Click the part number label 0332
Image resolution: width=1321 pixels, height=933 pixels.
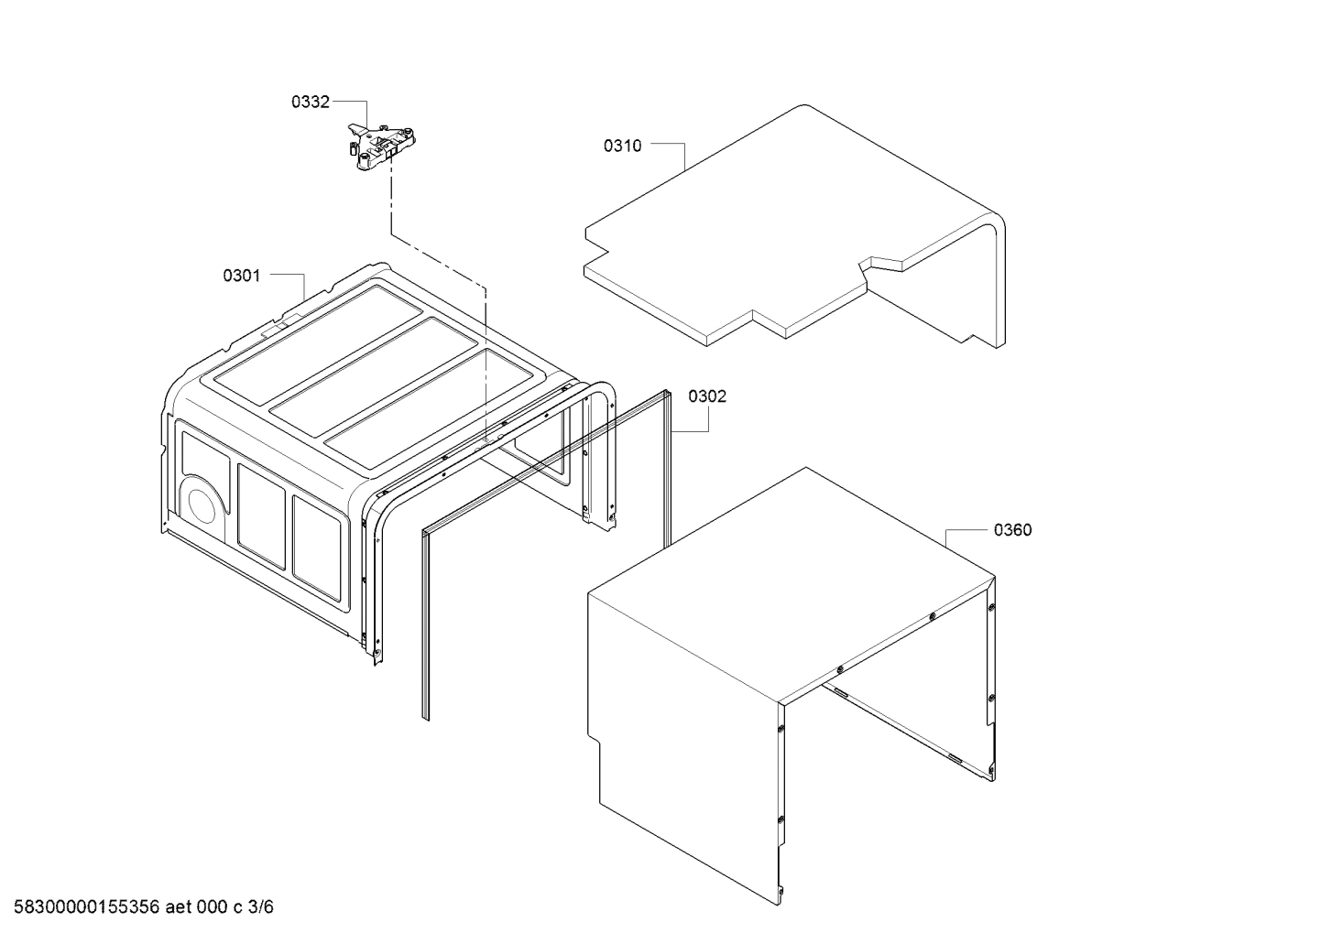point(310,103)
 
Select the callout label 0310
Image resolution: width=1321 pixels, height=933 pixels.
point(622,146)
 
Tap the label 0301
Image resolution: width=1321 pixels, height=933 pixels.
point(242,276)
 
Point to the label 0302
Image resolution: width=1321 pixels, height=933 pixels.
point(707,396)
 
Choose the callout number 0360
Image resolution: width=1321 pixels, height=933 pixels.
point(1012,530)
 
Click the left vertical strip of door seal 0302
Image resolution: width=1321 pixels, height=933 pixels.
point(425,623)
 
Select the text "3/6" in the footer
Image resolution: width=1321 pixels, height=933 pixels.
point(261,907)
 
